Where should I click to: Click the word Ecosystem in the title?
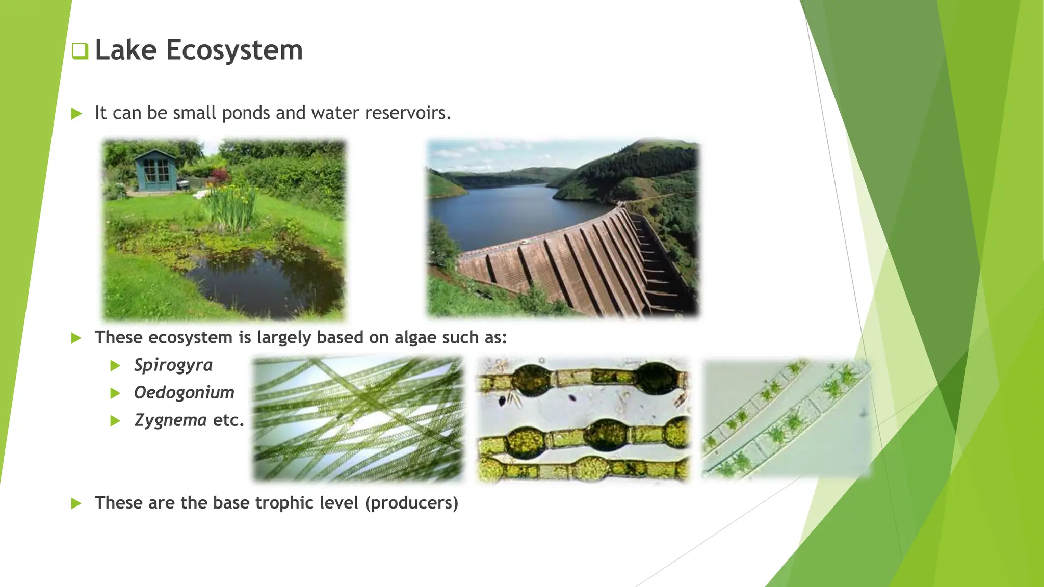[x=234, y=50]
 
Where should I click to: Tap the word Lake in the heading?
[x=125, y=50]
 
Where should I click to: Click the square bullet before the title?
[x=80, y=51]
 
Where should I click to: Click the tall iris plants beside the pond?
[x=229, y=206]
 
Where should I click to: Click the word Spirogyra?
[x=173, y=365]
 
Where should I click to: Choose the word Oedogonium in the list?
[x=184, y=393]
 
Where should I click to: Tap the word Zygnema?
[x=170, y=420]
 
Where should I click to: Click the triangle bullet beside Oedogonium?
[x=115, y=393]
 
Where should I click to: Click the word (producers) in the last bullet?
[x=411, y=503]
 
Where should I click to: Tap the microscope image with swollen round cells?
[x=583, y=419]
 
